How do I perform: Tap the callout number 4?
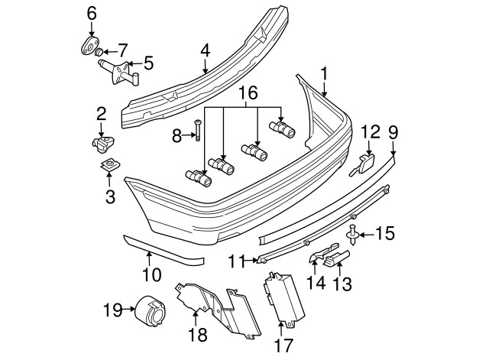click(x=205, y=52)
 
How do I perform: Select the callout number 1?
click(x=324, y=74)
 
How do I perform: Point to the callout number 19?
click(x=112, y=310)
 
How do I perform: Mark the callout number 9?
click(x=393, y=131)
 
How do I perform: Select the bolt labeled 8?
click(x=197, y=132)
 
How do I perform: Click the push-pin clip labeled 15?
click(x=352, y=234)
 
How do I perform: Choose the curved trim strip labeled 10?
click(x=164, y=250)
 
